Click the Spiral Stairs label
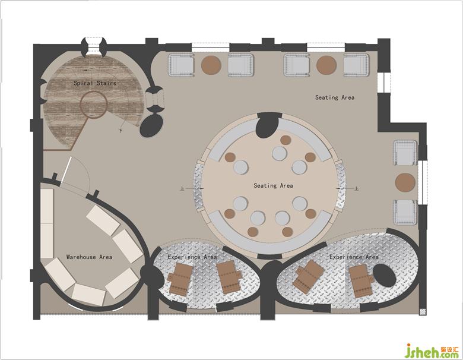pyautogui.click(x=95, y=83)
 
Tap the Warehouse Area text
pyautogui.click(x=89, y=257)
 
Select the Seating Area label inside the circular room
pyautogui.click(x=274, y=185)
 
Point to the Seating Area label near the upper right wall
pyautogui.click(x=335, y=97)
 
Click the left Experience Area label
pyautogui.click(x=192, y=257)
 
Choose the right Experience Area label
pyautogui.click(x=354, y=257)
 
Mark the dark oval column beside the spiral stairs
pyautogui.click(x=151, y=125)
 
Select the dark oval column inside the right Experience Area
pyautogui.click(x=385, y=276)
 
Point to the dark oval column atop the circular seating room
pyautogui.click(x=268, y=125)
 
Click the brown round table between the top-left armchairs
pyautogui.click(x=211, y=65)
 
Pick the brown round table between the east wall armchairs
pyautogui.click(x=405, y=182)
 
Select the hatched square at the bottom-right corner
pyautogui.click(x=423, y=312)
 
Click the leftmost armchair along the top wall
pyautogui.click(x=181, y=65)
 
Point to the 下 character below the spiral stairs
pyautogui.click(x=120, y=130)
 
